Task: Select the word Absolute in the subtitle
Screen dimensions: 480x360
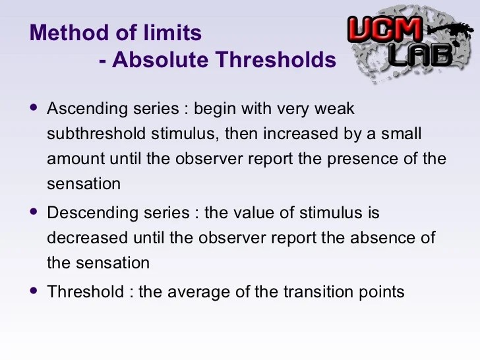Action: (160, 59)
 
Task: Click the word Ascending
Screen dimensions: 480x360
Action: (87, 109)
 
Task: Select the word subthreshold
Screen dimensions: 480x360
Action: (96, 134)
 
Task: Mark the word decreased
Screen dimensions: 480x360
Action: (87, 238)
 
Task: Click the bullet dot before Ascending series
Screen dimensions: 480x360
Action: (34, 107)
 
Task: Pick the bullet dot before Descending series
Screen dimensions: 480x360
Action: (34, 211)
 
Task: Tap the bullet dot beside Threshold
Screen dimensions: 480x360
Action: (34, 290)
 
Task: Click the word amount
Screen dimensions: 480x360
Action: (76, 159)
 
